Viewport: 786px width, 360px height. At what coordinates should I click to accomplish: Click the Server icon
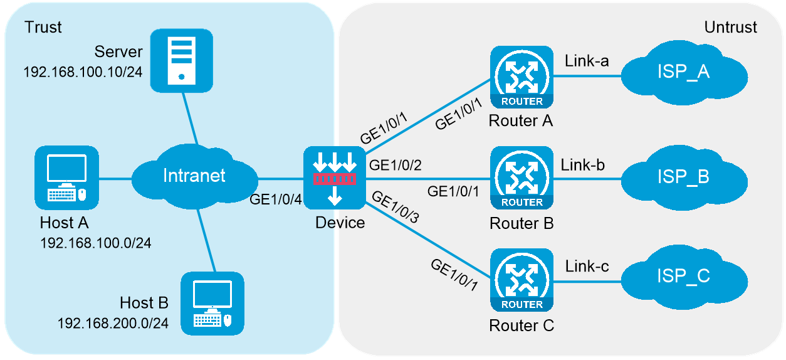click(181, 61)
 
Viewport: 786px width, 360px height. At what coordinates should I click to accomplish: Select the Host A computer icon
click(66, 177)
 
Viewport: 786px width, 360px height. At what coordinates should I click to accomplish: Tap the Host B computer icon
click(212, 304)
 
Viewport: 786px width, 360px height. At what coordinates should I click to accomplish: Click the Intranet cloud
click(195, 176)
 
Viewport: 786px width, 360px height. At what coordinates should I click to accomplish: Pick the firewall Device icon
click(335, 177)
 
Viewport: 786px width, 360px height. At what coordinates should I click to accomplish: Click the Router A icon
click(521, 77)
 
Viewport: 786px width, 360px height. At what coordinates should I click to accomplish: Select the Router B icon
click(521, 177)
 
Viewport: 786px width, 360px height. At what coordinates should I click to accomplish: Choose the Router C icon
click(521, 280)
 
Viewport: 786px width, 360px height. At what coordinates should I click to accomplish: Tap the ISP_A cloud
click(684, 73)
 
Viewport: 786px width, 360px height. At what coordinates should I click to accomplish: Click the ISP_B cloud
click(684, 177)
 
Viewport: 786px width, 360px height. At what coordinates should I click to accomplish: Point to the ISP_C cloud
click(684, 277)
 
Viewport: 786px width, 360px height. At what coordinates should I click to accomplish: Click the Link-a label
click(587, 61)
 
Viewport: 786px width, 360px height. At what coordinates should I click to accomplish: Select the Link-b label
click(583, 165)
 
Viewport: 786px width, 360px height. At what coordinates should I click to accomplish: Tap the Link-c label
click(587, 266)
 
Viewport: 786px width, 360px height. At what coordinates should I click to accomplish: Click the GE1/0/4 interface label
click(275, 199)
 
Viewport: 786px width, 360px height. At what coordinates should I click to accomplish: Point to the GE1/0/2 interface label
click(395, 165)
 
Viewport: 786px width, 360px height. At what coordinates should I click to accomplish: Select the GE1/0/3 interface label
click(396, 207)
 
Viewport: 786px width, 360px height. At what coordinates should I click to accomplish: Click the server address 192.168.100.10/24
click(83, 72)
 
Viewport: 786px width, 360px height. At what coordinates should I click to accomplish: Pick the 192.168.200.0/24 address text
click(113, 324)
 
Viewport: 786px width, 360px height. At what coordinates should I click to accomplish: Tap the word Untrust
click(731, 28)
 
